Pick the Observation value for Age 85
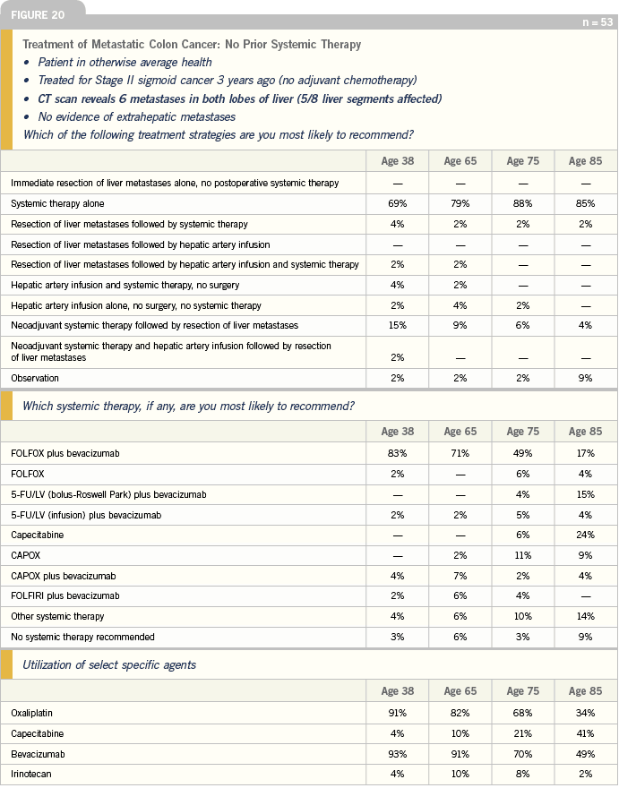tap(583, 378)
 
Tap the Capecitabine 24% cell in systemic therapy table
tap(583, 535)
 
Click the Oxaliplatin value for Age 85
tap(583, 714)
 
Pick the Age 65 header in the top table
tap(460, 161)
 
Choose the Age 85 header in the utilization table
tap(583, 691)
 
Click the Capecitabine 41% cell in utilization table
tap(583, 734)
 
